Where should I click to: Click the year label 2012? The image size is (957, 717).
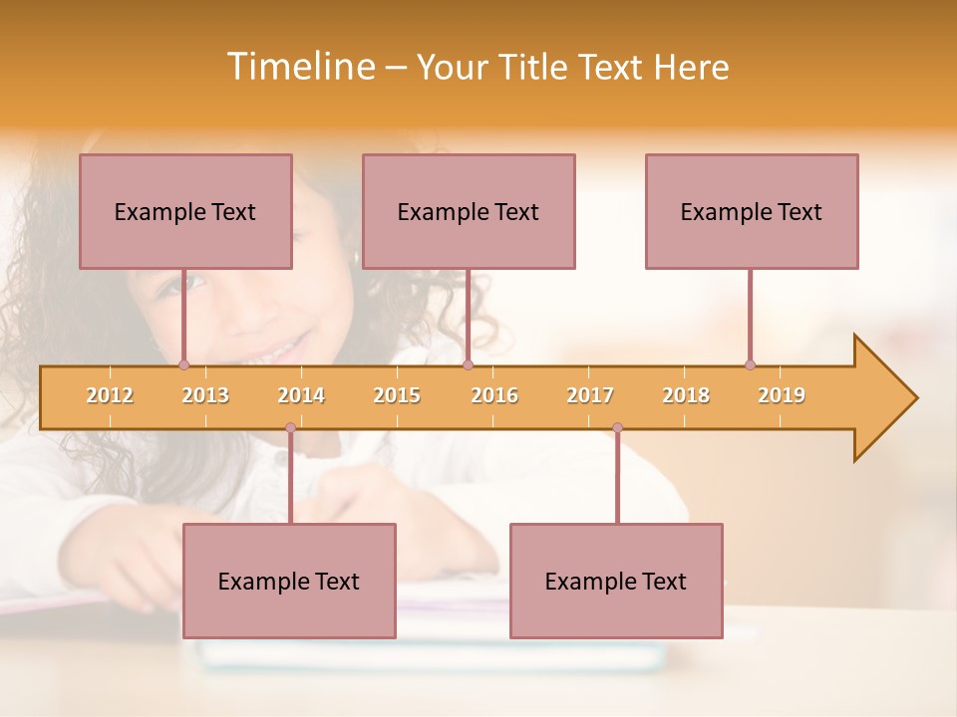click(x=110, y=395)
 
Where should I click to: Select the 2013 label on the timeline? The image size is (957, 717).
click(x=205, y=395)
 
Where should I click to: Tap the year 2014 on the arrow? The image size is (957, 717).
click(x=301, y=395)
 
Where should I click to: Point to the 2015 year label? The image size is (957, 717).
click(x=397, y=395)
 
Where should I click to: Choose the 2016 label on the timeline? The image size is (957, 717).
click(x=494, y=395)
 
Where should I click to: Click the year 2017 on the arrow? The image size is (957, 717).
click(x=590, y=395)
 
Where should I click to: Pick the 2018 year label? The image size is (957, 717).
click(x=686, y=395)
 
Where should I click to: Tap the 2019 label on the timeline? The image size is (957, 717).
click(x=782, y=395)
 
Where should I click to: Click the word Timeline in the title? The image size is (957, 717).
click(x=298, y=67)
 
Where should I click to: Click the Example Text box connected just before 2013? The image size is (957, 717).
click(x=185, y=211)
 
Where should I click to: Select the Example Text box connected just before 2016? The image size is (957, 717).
click(x=469, y=211)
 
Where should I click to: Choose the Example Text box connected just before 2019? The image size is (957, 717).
click(x=752, y=211)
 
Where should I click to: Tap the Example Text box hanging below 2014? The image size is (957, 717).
click(x=289, y=581)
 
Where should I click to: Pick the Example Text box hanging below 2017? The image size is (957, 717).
click(x=616, y=581)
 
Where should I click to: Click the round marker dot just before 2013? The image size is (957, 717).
click(x=183, y=364)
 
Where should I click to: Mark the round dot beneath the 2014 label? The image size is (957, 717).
click(x=290, y=428)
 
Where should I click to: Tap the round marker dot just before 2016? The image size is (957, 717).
click(x=468, y=364)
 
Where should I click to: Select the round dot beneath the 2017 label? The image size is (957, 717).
click(x=617, y=428)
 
